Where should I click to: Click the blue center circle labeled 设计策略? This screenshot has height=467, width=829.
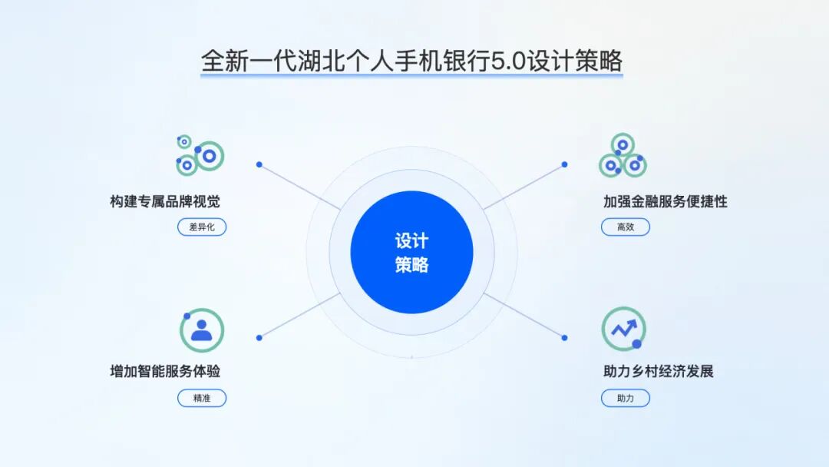(x=411, y=252)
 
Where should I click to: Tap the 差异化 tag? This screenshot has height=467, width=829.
(x=202, y=227)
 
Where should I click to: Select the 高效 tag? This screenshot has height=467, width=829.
(x=625, y=227)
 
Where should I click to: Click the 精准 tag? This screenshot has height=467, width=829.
(x=202, y=399)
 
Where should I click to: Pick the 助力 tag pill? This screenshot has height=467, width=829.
(x=625, y=399)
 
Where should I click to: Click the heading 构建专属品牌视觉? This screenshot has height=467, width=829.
(x=165, y=202)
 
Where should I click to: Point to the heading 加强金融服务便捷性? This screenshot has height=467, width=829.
(x=665, y=202)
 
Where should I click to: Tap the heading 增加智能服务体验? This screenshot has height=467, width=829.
(x=165, y=372)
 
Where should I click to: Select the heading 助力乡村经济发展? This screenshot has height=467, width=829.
(x=658, y=372)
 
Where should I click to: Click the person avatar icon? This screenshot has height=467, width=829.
(x=201, y=330)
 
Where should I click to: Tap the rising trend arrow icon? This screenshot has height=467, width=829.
(x=623, y=330)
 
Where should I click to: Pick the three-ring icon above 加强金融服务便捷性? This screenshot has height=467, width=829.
(x=623, y=156)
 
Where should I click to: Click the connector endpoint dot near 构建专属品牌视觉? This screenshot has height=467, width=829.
(x=259, y=164)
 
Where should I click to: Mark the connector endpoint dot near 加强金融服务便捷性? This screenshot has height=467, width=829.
(x=565, y=164)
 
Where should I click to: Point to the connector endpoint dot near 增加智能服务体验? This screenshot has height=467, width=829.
(x=259, y=337)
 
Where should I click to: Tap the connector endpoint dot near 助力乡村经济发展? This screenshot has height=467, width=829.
(x=565, y=337)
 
